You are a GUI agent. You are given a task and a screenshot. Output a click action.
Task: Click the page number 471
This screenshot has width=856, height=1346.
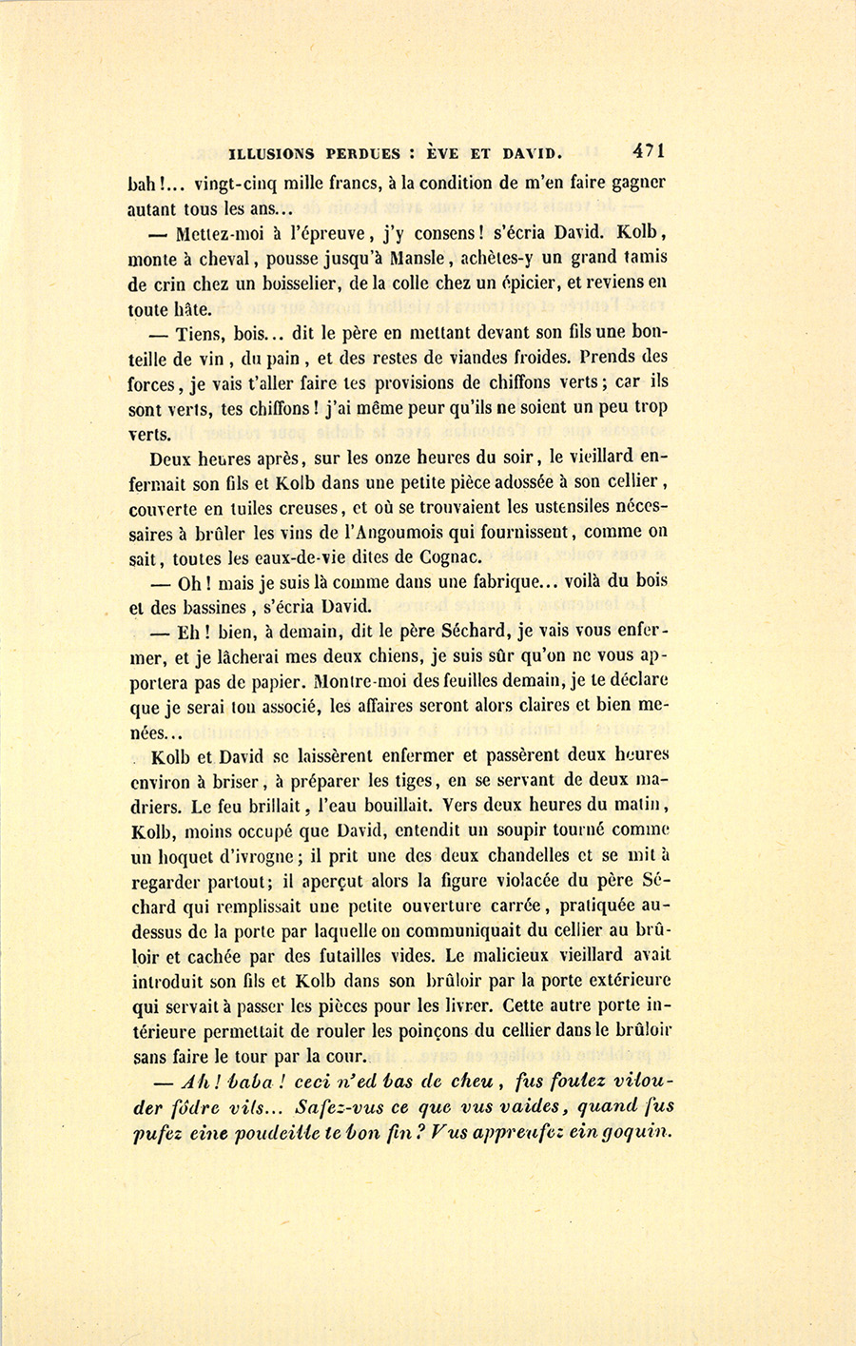(646, 150)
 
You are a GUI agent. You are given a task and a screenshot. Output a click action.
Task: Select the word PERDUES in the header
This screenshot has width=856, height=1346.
(364, 152)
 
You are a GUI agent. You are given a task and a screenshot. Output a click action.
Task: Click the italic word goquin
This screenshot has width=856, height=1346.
(636, 1131)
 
